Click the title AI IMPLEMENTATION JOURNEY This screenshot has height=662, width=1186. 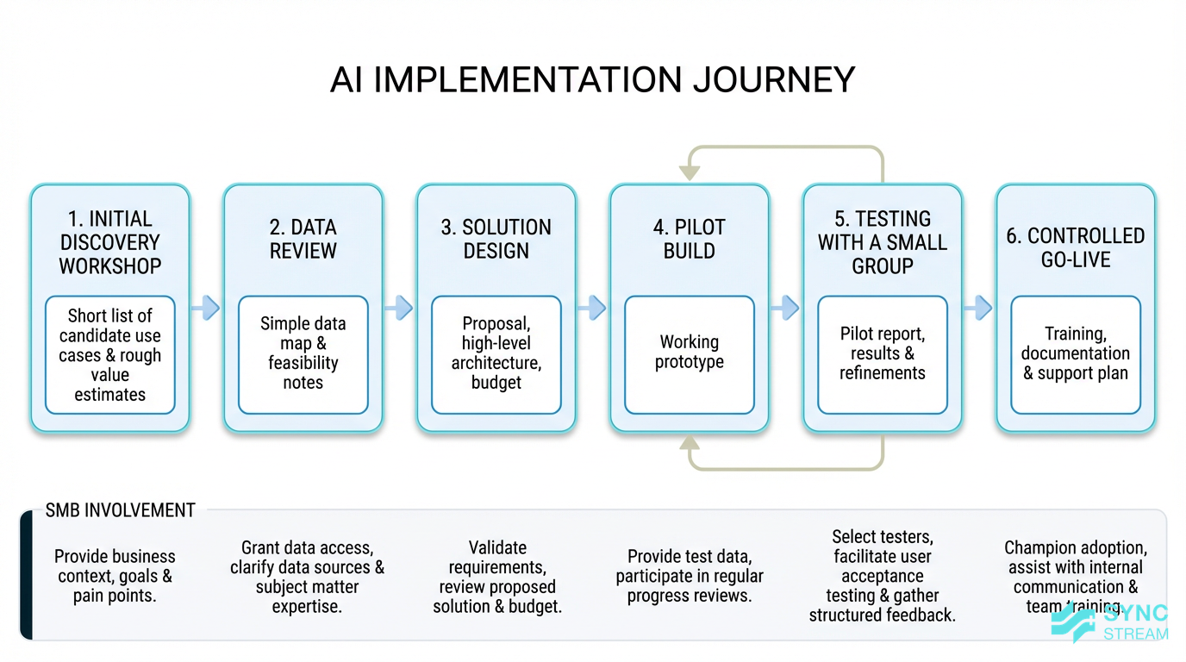point(592,80)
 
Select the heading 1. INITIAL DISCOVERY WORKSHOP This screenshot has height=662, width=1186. point(110,243)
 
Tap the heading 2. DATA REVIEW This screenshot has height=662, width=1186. point(303,240)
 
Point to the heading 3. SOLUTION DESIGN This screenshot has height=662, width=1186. point(496,240)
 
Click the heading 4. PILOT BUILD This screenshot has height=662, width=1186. point(690,240)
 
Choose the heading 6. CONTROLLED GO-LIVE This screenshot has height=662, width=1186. point(1076,248)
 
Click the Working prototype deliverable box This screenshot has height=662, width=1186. point(690,353)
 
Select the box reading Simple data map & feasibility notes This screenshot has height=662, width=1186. point(303,353)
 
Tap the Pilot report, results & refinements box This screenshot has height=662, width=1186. point(883,353)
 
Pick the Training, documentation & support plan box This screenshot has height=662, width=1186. point(1076,353)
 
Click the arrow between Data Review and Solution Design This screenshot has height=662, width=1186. point(399,308)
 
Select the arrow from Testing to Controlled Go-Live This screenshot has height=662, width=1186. point(978,308)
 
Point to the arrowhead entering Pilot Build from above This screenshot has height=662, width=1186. point(690,172)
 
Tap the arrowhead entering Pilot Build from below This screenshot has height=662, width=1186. point(690,444)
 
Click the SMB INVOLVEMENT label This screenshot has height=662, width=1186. point(120,510)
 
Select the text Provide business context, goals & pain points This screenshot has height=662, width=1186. point(114,576)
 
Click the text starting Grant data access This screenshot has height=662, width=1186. point(307,577)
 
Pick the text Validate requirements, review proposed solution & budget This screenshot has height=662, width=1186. point(498,577)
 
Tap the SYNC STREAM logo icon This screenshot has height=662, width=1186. point(1074,622)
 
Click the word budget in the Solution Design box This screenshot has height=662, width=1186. point(496,383)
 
